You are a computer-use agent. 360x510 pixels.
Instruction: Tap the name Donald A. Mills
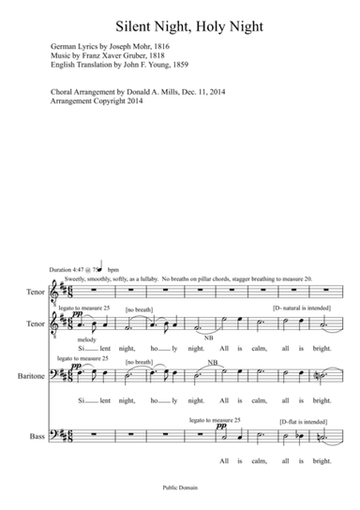tap(172, 93)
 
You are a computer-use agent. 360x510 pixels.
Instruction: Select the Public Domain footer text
tap(180, 487)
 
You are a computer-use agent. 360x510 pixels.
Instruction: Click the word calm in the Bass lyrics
tap(270, 461)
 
